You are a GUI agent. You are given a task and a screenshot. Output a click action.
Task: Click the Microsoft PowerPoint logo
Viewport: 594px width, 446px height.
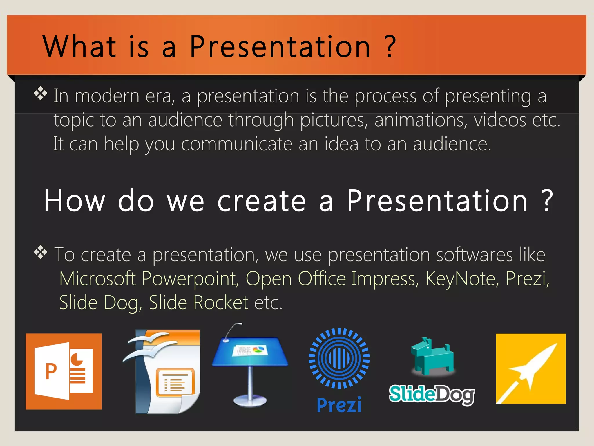(x=64, y=371)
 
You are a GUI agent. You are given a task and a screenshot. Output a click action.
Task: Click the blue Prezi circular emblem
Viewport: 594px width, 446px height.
(x=339, y=358)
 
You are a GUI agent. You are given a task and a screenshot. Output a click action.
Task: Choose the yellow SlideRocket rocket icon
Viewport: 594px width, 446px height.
(x=530, y=368)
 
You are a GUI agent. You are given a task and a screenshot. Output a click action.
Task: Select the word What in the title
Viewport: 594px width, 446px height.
(x=79, y=46)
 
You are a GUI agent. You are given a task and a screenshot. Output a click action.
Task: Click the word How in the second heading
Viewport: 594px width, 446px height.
(x=75, y=201)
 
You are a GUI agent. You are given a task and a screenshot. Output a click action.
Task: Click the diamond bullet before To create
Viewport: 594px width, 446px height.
(x=40, y=252)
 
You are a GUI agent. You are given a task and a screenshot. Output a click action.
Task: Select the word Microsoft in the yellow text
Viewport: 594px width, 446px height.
(x=97, y=279)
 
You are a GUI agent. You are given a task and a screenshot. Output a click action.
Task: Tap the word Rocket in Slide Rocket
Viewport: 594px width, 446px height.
(x=220, y=303)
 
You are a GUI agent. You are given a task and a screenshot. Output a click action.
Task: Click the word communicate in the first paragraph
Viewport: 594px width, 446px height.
(x=236, y=144)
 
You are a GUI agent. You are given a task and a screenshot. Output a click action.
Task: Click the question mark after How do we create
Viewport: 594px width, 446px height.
(x=547, y=201)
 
